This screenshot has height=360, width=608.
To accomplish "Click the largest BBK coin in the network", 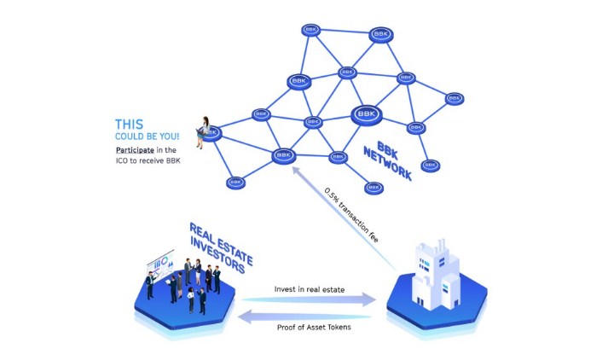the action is click(x=367, y=115).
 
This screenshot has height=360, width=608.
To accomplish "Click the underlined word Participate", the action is click(x=135, y=150).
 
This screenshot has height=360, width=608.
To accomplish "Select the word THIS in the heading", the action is click(x=129, y=125).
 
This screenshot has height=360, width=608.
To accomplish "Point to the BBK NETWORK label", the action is click(x=388, y=160).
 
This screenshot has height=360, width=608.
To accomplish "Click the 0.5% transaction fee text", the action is click(x=351, y=215).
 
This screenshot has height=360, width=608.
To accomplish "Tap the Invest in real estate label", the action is click(x=310, y=289).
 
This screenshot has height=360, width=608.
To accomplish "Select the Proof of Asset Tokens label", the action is click(x=314, y=328).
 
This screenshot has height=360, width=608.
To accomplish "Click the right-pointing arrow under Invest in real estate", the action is click(x=310, y=299).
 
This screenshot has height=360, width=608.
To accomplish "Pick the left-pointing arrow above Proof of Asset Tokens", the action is click(x=304, y=316).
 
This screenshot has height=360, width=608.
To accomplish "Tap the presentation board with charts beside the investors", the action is click(x=160, y=264).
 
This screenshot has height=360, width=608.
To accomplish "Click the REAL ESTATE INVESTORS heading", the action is click(x=221, y=248).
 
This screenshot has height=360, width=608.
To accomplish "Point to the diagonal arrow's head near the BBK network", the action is click(x=295, y=171).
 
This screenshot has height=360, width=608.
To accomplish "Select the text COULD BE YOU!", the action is click(x=147, y=136).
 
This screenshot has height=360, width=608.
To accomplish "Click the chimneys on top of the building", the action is click(x=440, y=245).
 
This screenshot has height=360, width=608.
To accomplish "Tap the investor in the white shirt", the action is click(x=190, y=300).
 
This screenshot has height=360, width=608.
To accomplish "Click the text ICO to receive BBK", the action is click(x=148, y=160).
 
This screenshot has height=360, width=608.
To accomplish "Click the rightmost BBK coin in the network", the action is click(x=455, y=99).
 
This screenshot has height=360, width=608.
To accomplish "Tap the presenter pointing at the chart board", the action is click(x=150, y=285).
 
